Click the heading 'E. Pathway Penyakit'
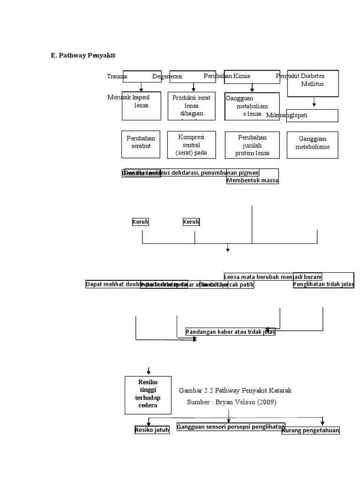(83, 55)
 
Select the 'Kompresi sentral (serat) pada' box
(191, 144)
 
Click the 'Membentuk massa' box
(252, 180)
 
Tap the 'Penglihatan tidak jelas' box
(323, 284)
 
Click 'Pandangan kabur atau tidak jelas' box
(230, 332)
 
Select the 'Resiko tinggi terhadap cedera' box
(148, 392)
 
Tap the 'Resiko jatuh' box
(151, 430)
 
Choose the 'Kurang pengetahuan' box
(310, 430)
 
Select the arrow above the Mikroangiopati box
(314, 103)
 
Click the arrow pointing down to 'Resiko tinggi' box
(149, 370)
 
